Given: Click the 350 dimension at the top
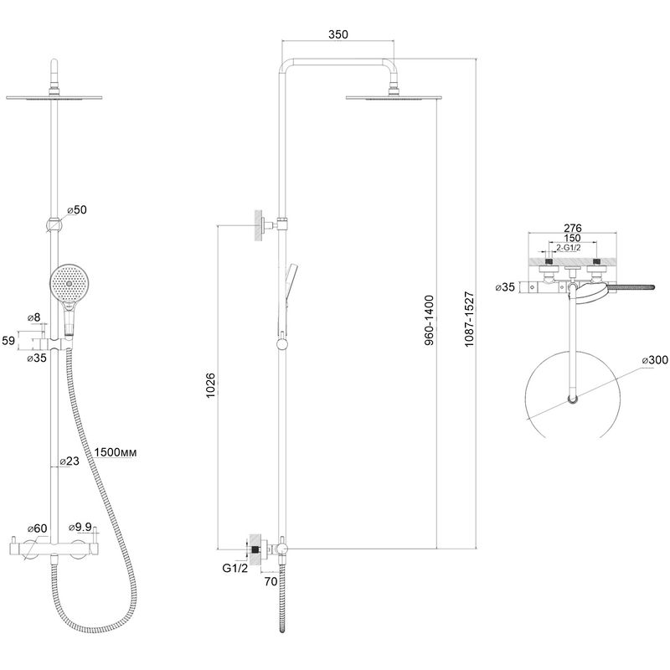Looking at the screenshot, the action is click(x=338, y=34).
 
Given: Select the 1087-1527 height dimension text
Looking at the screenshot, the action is click(x=469, y=319).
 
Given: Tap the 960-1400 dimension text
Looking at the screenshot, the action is click(x=429, y=320).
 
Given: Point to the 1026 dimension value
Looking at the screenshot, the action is click(x=211, y=385).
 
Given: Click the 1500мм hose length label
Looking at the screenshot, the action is click(x=116, y=452).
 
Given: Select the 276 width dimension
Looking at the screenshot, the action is click(x=573, y=228).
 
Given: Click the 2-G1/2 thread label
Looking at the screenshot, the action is click(x=569, y=247).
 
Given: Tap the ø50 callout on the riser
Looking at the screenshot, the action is click(x=77, y=210).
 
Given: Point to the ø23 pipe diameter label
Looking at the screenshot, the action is click(x=70, y=461).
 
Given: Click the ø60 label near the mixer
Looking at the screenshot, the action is click(x=37, y=528).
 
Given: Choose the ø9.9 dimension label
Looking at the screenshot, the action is click(x=80, y=528).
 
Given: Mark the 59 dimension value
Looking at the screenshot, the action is click(x=8, y=341).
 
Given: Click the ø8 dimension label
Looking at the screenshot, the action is click(x=33, y=317).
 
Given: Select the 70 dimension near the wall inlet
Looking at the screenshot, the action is click(x=271, y=581).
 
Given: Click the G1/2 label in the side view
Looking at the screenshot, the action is click(x=235, y=569).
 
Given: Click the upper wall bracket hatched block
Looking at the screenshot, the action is click(x=259, y=225).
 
